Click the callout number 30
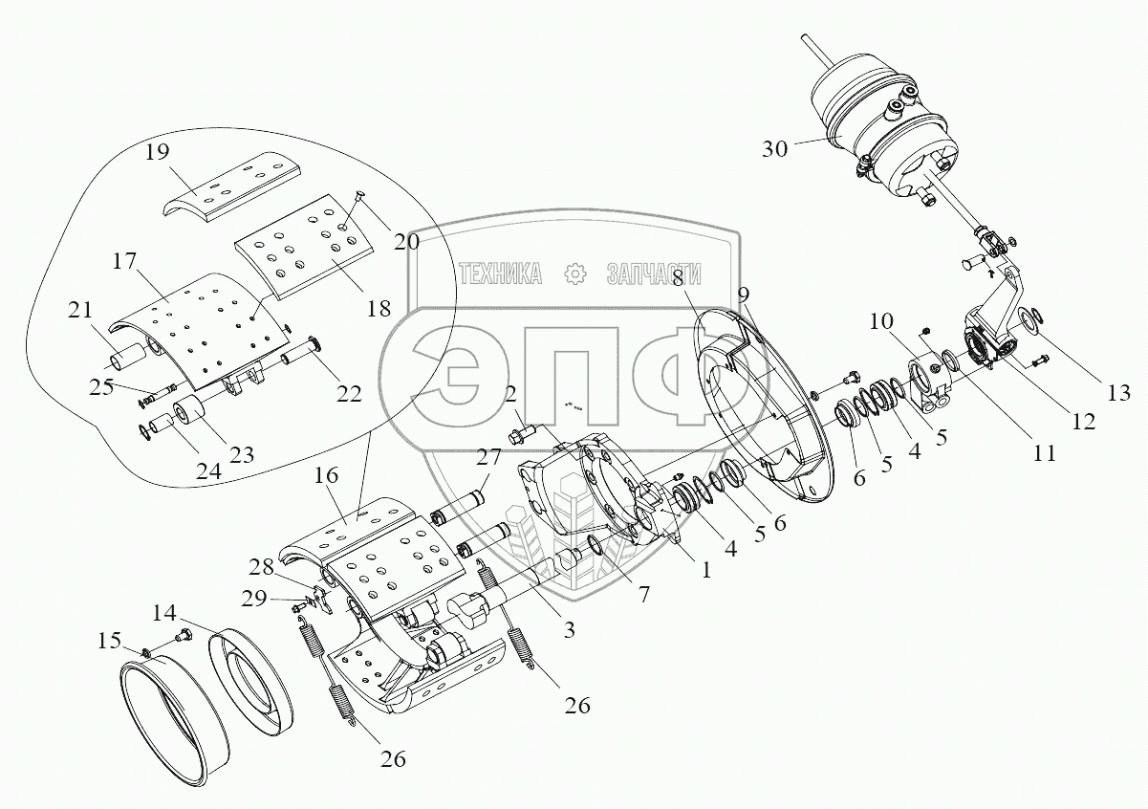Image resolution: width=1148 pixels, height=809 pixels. (x=776, y=149)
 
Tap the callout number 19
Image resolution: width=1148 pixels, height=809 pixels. (x=158, y=151)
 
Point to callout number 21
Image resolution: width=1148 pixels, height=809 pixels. (x=81, y=311)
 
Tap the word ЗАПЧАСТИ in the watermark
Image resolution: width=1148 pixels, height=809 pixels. (x=655, y=274)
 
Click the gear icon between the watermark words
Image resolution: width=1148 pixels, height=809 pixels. (x=575, y=274)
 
